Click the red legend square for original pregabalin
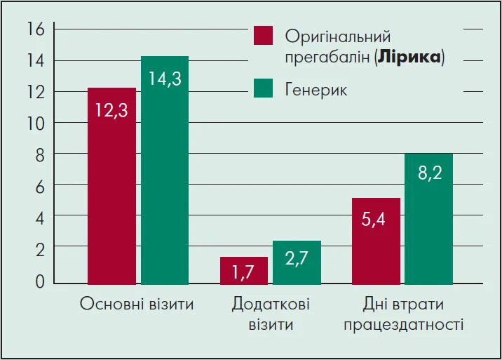(x=263, y=36)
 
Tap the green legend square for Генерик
(x=263, y=89)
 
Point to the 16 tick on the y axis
(x=35, y=29)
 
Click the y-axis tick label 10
(x=35, y=123)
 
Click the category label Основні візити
(x=137, y=305)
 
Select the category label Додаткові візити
(x=270, y=314)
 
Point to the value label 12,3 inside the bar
(x=111, y=110)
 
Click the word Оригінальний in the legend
(x=338, y=36)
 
